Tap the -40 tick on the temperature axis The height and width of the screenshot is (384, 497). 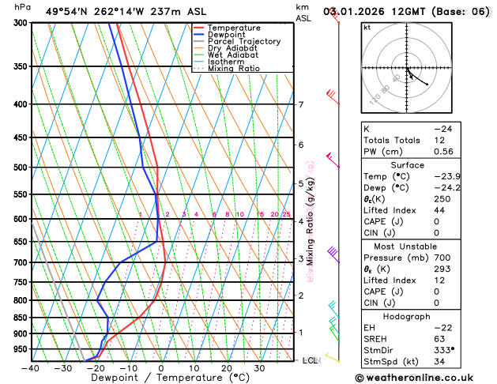pos(31,367)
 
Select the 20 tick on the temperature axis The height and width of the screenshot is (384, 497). pos(226,367)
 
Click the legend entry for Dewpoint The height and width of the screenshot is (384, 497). pos(231,35)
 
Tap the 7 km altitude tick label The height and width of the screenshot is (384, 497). pos(300,104)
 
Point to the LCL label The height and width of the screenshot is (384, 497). pos(311,360)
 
